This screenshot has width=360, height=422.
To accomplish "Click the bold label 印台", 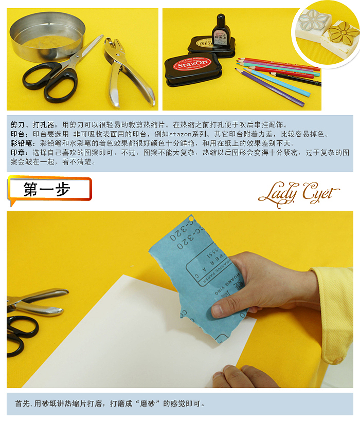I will pos(18,134).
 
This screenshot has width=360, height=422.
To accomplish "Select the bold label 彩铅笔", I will pos(21,143).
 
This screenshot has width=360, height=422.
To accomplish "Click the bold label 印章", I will pos(18,153).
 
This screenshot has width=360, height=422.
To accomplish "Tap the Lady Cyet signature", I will pos(298,193).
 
